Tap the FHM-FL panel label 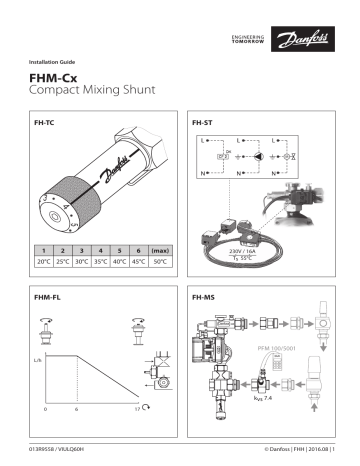pos(48,298)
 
